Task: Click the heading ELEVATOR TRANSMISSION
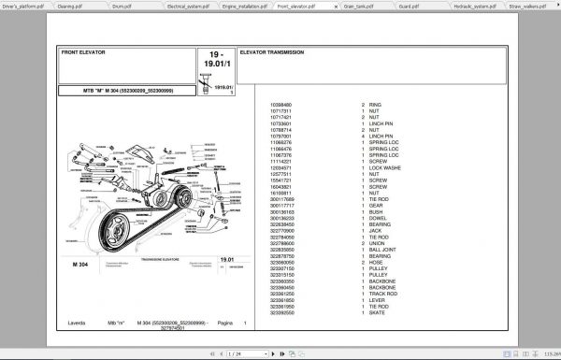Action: tap(271, 52)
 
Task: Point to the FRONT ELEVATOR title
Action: tap(83, 52)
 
